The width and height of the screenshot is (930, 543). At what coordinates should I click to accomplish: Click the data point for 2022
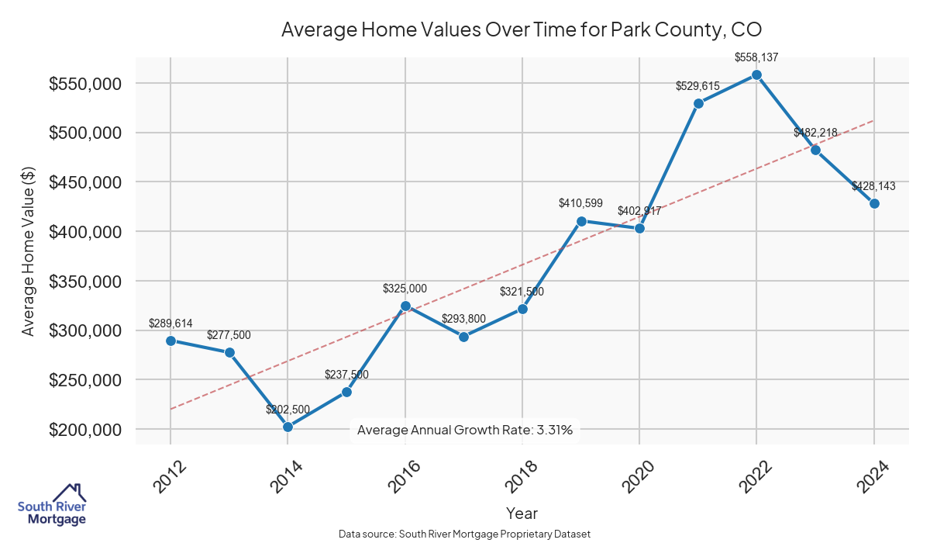pyautogui.click(x=756, y=75)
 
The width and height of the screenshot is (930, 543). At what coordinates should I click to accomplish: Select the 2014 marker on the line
pyautogui.click(x=288, y=427)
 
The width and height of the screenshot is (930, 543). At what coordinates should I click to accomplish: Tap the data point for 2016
pyautogui.click(x=405, y=306)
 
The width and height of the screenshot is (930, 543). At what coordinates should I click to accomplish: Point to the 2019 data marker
pyautogui.click(x=581, y=221)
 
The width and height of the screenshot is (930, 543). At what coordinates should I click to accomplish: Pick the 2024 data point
pyautogui.click(x=874, y=203)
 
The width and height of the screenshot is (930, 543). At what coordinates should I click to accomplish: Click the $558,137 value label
pyautogui.click(x=756, y=57)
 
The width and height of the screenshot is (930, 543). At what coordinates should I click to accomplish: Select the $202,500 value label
pyautogui.click(x=288, y=410)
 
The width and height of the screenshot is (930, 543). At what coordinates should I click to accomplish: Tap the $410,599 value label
pyautogui.click(x=581, y=203)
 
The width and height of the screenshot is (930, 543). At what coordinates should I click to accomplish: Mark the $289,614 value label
pyautogui.click(x=170, y=323)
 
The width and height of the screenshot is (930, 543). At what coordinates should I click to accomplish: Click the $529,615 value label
pyautogui.click(x=698, y=85)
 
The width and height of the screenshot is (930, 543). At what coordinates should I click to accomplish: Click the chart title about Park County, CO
pyautogui.click(x=522, y=29)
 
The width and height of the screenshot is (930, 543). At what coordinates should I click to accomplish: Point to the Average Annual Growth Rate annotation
pyautogui.click(x=465, y=430)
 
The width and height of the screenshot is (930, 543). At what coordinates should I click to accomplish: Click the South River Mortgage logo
pyautogui.click(x=53, y=505)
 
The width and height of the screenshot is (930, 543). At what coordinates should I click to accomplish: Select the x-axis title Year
pyautogui.click(x=522, y=513)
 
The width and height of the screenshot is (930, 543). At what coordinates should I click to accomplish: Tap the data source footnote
pyautogui.click(x=465, y=534)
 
